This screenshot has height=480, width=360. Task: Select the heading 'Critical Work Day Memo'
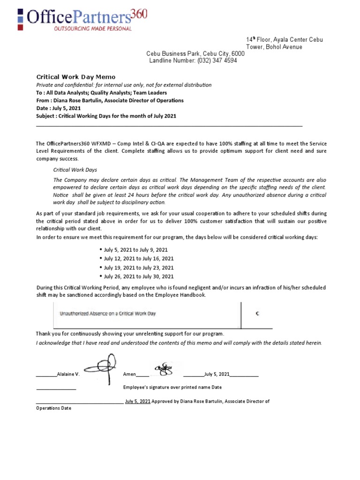click(x=76, y=77)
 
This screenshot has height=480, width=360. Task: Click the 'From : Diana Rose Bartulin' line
click(x=110, y=100)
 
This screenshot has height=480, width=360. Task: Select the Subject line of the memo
click(x=106, y=116)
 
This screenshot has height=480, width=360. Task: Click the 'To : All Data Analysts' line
click(x=97, y=93)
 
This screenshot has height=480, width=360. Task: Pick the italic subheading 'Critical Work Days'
click(x=75, y=170)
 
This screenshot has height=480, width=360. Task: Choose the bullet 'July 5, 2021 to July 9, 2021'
click(x=135, y=250)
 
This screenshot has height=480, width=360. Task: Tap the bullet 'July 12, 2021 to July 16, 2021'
click(x=138, y=259)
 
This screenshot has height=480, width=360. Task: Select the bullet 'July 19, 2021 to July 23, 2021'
click(x=138, y=268)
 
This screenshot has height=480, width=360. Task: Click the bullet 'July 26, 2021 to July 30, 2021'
click(x=138, y=277)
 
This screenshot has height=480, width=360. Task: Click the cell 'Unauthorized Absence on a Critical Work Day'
click(x=107, y=314)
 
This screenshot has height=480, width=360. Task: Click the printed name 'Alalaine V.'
click(x=68, y=375)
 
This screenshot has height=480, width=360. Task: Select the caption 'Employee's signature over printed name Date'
click(x=172, y=388)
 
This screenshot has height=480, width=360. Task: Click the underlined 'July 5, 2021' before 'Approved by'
click(x=138, y=402)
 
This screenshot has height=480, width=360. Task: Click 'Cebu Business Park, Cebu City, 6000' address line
click(x=195, y=54)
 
